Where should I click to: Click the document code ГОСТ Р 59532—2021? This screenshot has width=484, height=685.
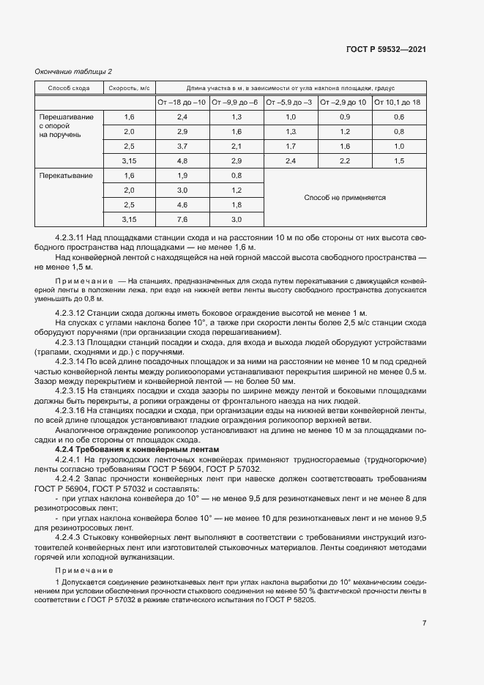[x=385, y=50]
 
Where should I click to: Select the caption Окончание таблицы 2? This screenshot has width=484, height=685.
[x=73, y=71]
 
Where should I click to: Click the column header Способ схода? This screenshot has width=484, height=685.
[x=69, y=88]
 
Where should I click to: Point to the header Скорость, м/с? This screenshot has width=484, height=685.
[x=130, y=88]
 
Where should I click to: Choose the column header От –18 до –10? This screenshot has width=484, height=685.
[x=182, y=103]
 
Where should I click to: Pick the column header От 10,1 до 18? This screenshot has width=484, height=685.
[x=398, y=103]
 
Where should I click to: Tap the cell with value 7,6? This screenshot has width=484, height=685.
[x=182, y=220]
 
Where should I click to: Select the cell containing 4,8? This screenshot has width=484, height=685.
[x=182, y=161]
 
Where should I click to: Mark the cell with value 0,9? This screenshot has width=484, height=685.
[x=345, y=117]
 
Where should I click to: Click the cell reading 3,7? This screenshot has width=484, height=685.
[x=182, y=147]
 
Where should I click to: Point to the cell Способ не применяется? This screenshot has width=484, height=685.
[x=344, y=198]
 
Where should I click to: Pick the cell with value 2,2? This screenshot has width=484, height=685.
[x=345, y=161]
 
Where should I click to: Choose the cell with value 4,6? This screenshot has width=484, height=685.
[x=182, y=205]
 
